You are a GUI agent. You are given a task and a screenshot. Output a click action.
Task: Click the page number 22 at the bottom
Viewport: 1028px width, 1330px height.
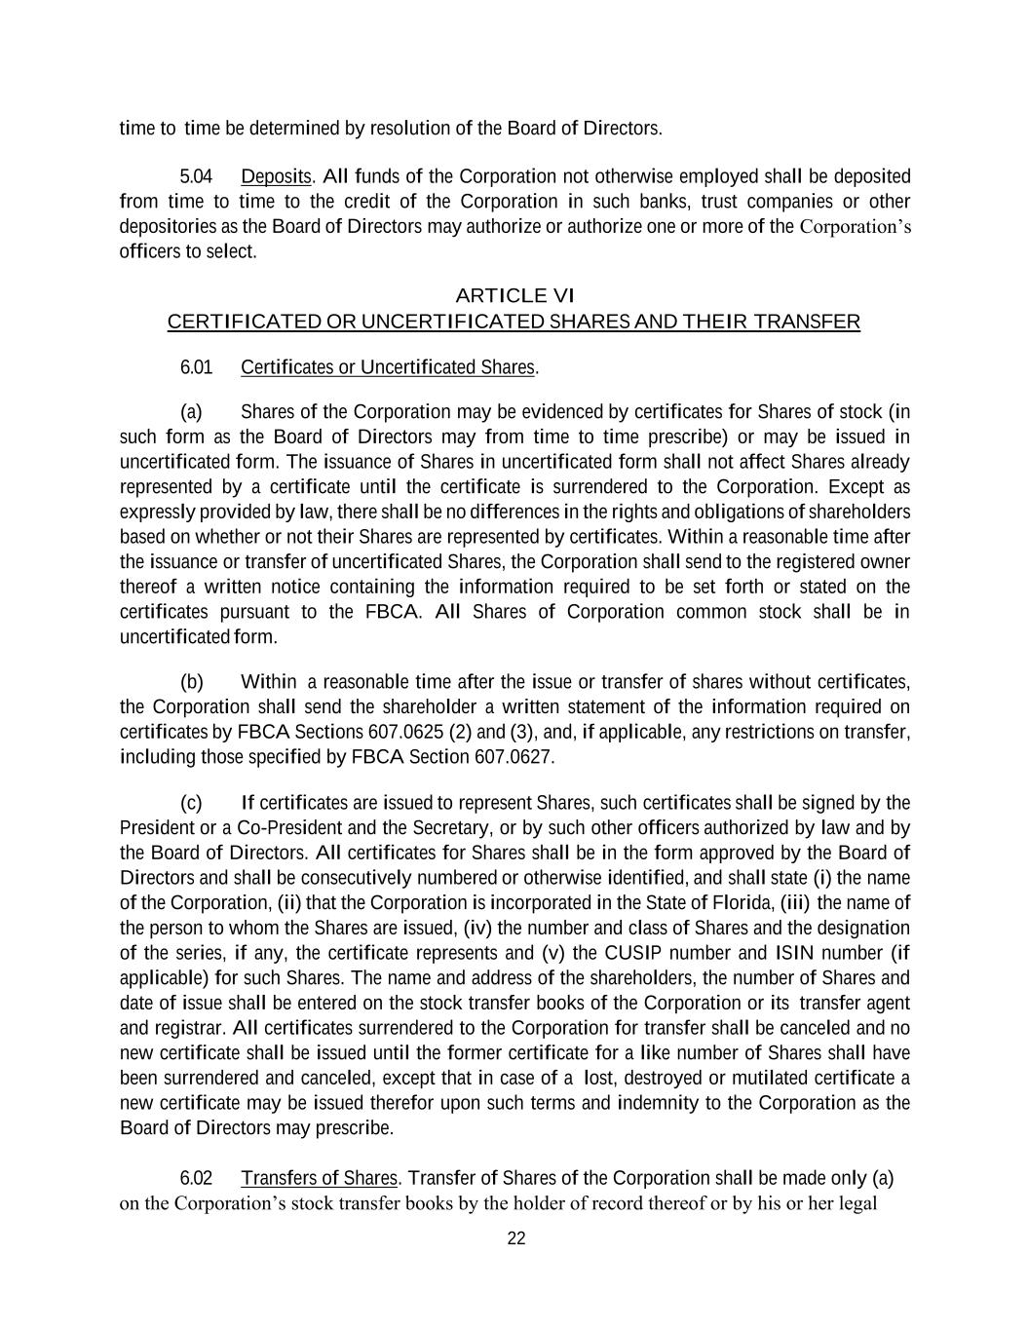click(516, 1238)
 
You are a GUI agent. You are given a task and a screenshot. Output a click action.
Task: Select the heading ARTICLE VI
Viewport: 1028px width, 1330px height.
click(514, 295)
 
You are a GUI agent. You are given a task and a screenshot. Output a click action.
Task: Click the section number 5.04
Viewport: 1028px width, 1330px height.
click(196, 176)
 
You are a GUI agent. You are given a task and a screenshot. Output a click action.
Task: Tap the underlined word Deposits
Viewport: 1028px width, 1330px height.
click(276, 176)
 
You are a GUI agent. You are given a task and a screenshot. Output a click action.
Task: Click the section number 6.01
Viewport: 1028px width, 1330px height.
click(196, 367)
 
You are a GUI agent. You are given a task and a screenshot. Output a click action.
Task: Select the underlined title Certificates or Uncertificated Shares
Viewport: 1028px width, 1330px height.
click(388, 367)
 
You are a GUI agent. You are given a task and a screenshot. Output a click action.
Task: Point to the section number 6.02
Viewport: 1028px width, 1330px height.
click(196, 1178)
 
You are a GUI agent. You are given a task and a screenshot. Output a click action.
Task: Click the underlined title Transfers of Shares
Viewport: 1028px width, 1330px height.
click(319, 1178)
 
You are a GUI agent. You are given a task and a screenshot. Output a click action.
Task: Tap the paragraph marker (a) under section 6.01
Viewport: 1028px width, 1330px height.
click(191, 411)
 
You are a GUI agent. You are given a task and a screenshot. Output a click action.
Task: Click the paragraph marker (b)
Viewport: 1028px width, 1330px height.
click(192, 681)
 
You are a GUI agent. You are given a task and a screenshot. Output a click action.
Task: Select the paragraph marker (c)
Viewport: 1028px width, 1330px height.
click(191, 803)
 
